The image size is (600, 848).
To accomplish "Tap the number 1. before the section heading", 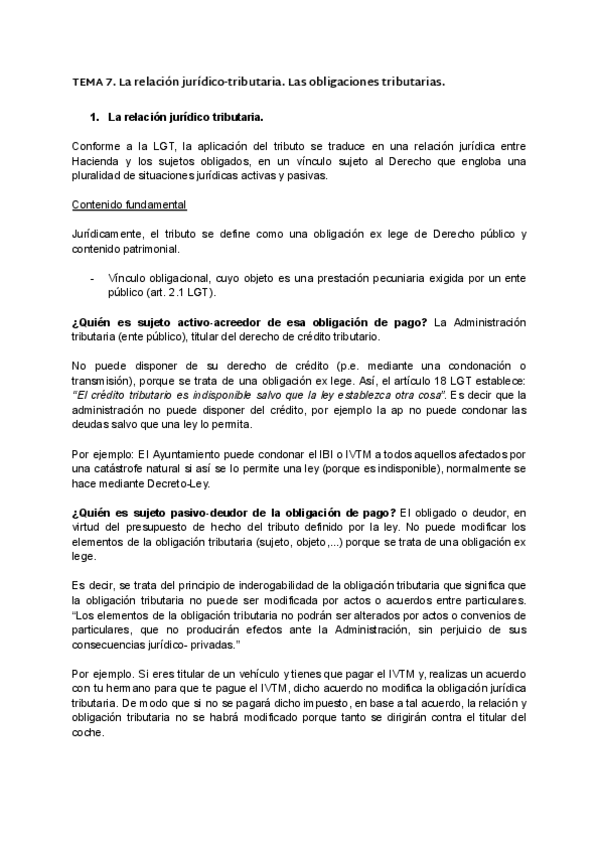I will [95, 116].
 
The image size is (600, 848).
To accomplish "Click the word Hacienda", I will [97, 162].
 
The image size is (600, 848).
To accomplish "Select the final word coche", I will [87, 731].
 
